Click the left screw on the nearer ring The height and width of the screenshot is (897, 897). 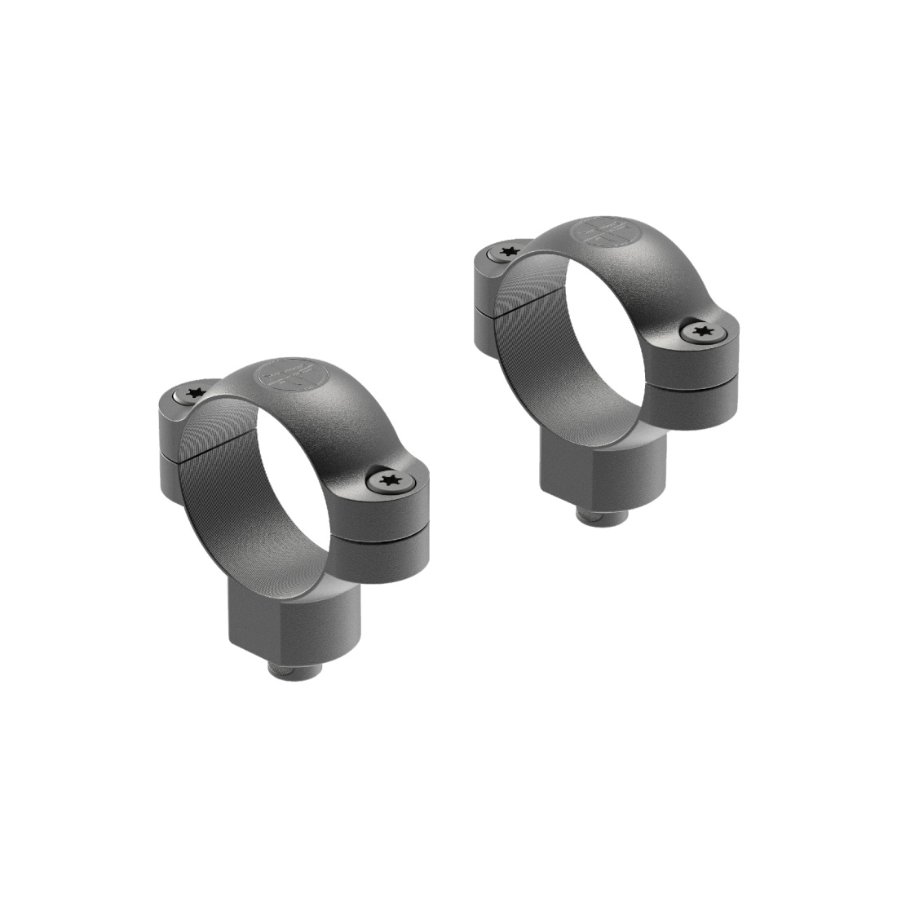[x=194, y=394]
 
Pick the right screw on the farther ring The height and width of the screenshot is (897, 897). [x=700, y=330]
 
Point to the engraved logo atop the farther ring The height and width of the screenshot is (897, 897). [x=602, y=232]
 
